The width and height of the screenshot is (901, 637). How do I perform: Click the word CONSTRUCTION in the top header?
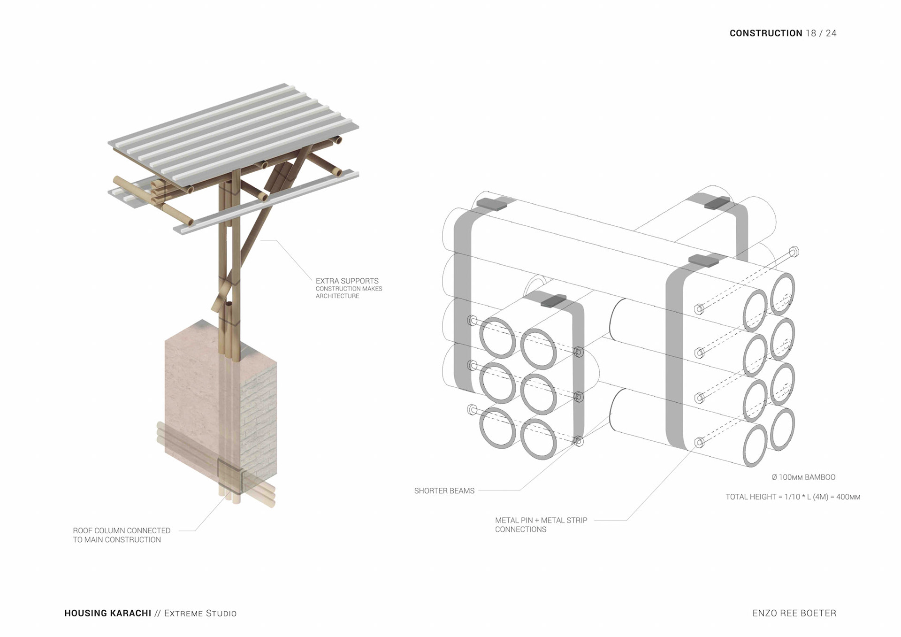765,33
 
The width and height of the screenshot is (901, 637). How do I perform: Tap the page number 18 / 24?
821,33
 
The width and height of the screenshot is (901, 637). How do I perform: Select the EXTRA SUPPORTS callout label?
347,281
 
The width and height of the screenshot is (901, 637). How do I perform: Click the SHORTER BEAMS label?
444,491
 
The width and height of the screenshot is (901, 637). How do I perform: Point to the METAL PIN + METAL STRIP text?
541,520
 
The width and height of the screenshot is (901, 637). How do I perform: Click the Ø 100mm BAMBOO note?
803,477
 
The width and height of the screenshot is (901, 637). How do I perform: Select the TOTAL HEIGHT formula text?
793,497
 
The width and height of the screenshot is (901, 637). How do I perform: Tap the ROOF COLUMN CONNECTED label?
121,531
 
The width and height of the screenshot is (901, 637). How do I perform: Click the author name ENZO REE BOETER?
794,613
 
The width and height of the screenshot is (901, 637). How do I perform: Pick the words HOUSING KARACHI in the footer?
107,613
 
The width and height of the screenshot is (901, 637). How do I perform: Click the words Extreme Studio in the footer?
200,613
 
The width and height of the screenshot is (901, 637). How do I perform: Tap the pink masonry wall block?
202,399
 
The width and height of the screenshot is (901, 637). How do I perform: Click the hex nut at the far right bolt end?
794,252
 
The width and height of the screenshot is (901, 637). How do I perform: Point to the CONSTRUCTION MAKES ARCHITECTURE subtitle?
349,292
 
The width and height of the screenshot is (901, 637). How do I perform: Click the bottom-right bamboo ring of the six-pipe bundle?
538,438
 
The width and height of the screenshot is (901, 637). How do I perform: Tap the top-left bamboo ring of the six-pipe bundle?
497,337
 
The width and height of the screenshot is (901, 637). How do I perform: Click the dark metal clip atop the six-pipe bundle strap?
553,300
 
